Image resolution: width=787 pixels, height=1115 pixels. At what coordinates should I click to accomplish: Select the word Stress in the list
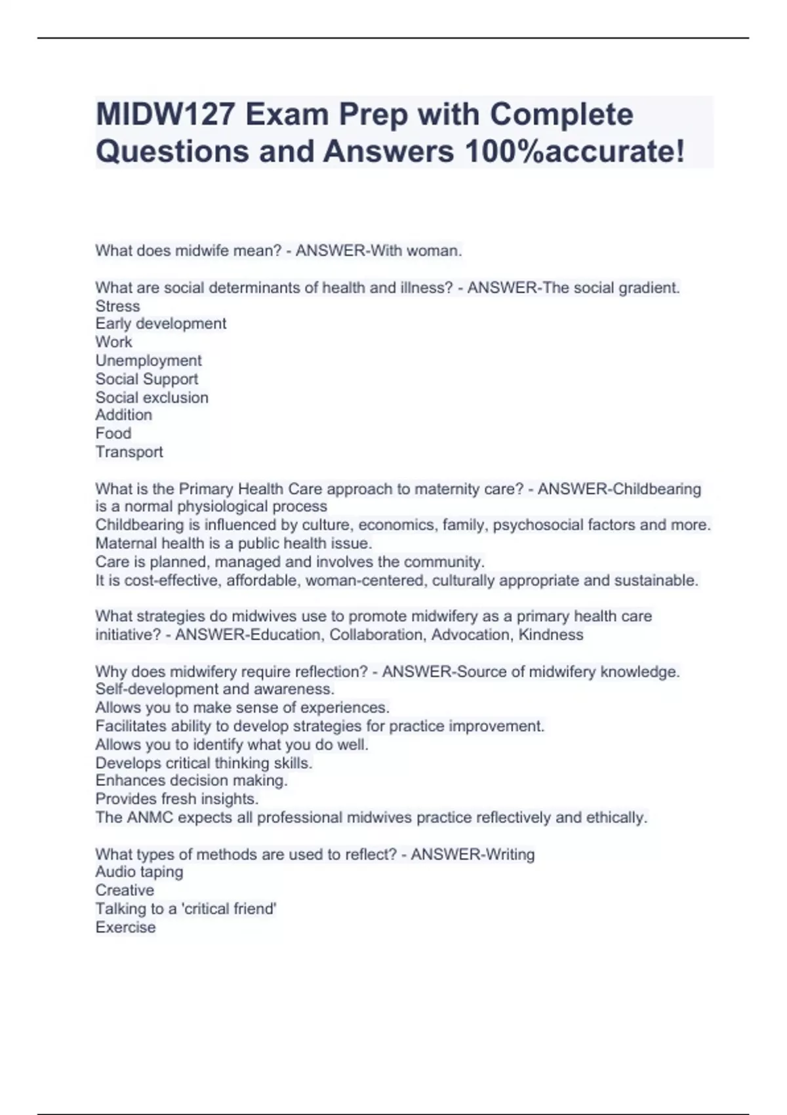(x=117, y=306)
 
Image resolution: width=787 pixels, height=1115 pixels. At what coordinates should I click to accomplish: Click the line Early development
(x=161, y=324)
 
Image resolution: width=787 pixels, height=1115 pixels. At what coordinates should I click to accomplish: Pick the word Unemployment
(x=148, y=361)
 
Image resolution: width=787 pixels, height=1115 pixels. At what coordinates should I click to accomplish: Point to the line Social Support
(x=146, y=379)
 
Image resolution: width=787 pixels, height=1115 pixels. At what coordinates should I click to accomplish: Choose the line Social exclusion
(x=151, y=397)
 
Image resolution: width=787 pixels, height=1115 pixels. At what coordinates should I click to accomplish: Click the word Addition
(x=123, y=415)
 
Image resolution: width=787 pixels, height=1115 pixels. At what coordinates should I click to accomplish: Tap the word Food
(x=113, y=434)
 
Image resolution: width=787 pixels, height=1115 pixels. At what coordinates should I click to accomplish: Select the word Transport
(x=129, y=452)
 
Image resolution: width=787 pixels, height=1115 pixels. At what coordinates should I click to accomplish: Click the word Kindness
(x=550, y=635)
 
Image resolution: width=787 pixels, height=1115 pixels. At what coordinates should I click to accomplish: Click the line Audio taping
(x=139, y=872)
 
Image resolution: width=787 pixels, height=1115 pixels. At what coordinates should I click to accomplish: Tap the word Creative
(x=125, y=891)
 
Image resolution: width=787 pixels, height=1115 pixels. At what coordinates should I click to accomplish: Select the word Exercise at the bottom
(x=125, y=927)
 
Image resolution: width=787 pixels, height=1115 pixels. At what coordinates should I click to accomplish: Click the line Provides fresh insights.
(x=176, y=799)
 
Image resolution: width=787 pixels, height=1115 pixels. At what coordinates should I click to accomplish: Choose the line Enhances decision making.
(x=191, y=780)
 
